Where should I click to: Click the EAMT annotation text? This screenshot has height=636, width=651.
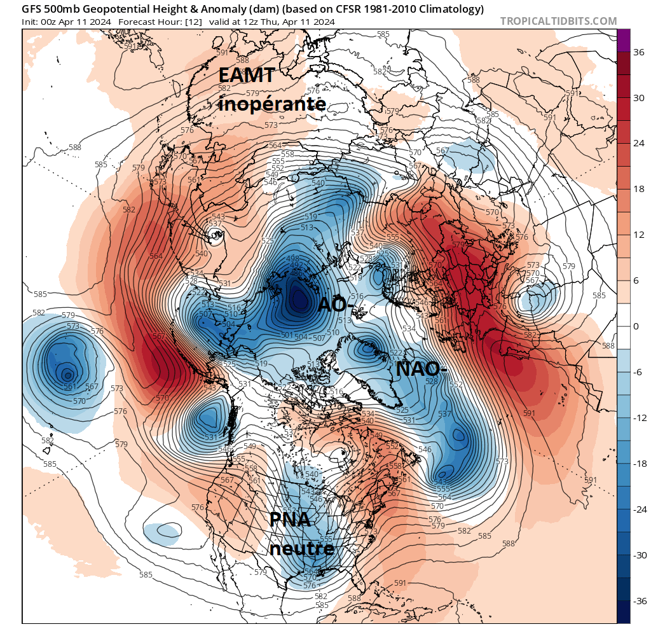(x=247, y=75)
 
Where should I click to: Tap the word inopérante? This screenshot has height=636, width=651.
(x=272, y=103)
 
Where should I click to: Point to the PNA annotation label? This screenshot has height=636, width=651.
(x=290, y=520)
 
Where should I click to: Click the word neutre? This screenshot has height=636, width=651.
(x=301, y=547)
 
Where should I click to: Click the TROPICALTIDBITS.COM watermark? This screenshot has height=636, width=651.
(x=558, y=21)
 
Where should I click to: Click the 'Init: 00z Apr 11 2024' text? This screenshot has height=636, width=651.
(x=67, y=22)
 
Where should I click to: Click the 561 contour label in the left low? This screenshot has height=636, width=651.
(x=69, y=386)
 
